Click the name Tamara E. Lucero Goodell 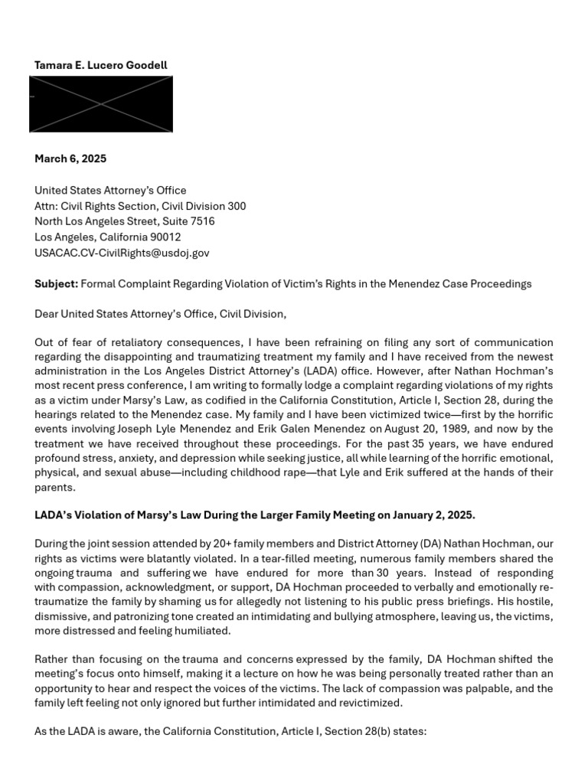tap(100, 65)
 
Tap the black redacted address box tap(100, 104)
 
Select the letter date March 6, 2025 tap(70, 159)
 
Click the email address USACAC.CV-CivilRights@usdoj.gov tap(122, 253)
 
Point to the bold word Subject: tap(56, 284)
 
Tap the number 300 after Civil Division tap(237, 206)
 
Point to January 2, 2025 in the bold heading tap(432, 514)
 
